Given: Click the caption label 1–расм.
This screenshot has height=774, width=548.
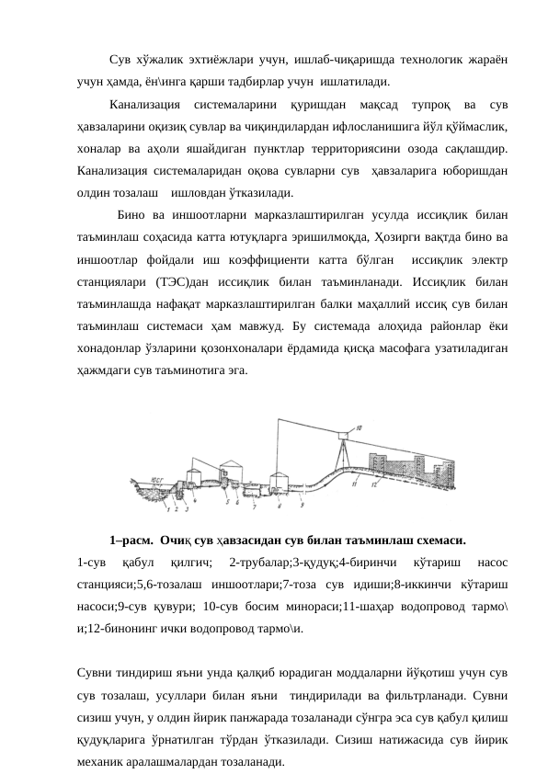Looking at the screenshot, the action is tap(131, 541).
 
